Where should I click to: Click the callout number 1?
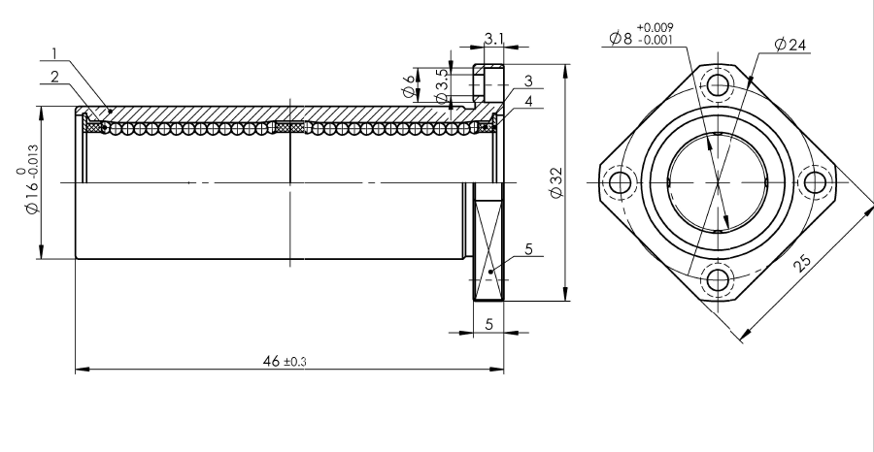pyautogui.click(x=54, y=53)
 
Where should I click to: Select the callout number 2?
pyautogui.click(x=54, y=77)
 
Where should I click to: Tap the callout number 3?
pyautogui.click(x=528, y=81)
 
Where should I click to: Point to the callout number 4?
pyautogui.click(x=528, y=101)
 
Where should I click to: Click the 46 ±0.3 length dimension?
pyautogui.click(x=285, y=361)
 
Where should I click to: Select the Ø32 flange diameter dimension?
pyautogui.click(x=556, y=182)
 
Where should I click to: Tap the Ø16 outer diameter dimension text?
pyautogui.click(x=31, y=179)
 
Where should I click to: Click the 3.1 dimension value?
pyautogui.click(x=493, y=39)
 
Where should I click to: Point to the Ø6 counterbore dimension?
pyautogui.click(x=410, y=85)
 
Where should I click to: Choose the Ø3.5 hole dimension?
pyautogui.click(x=442, y=86)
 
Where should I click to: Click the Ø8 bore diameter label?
pyautogui.click(x=621, y=38)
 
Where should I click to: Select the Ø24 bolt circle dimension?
pyautogui.click(x=790, y=45)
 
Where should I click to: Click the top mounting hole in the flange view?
pyautogui.click(x=718, y=85)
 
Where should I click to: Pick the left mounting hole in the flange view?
pyautogui.click(x=620, y=182)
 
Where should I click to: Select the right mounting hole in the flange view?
pyautogui.click(x=815, y=182)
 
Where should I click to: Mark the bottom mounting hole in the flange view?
pyautogui.click(x=718, y=280)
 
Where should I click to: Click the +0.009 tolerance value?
pyautogui.click(x=655, y=27)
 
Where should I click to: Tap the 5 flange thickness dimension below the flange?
pyautogui.click(x=488, y=324)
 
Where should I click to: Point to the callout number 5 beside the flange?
pyautogui.click(x=528, y=249)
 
